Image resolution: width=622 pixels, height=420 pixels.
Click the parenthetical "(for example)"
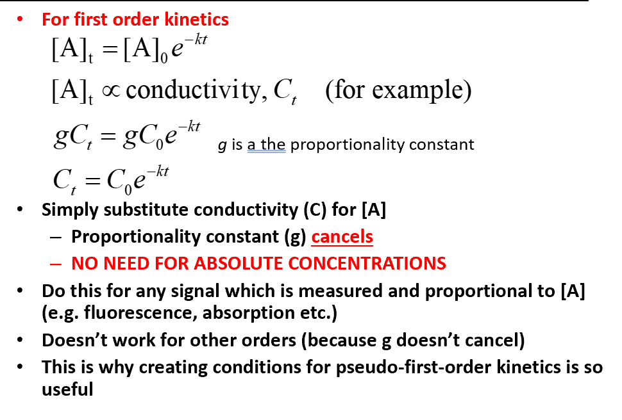[x=398, y=90]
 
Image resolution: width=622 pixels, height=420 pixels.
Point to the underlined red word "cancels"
[x=342, y=237]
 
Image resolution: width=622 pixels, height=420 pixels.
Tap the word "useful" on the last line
[x=67, y=389]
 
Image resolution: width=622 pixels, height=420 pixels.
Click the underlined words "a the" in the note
[x=266, y=145]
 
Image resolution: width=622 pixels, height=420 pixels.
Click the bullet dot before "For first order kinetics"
[x=21, y=19]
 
